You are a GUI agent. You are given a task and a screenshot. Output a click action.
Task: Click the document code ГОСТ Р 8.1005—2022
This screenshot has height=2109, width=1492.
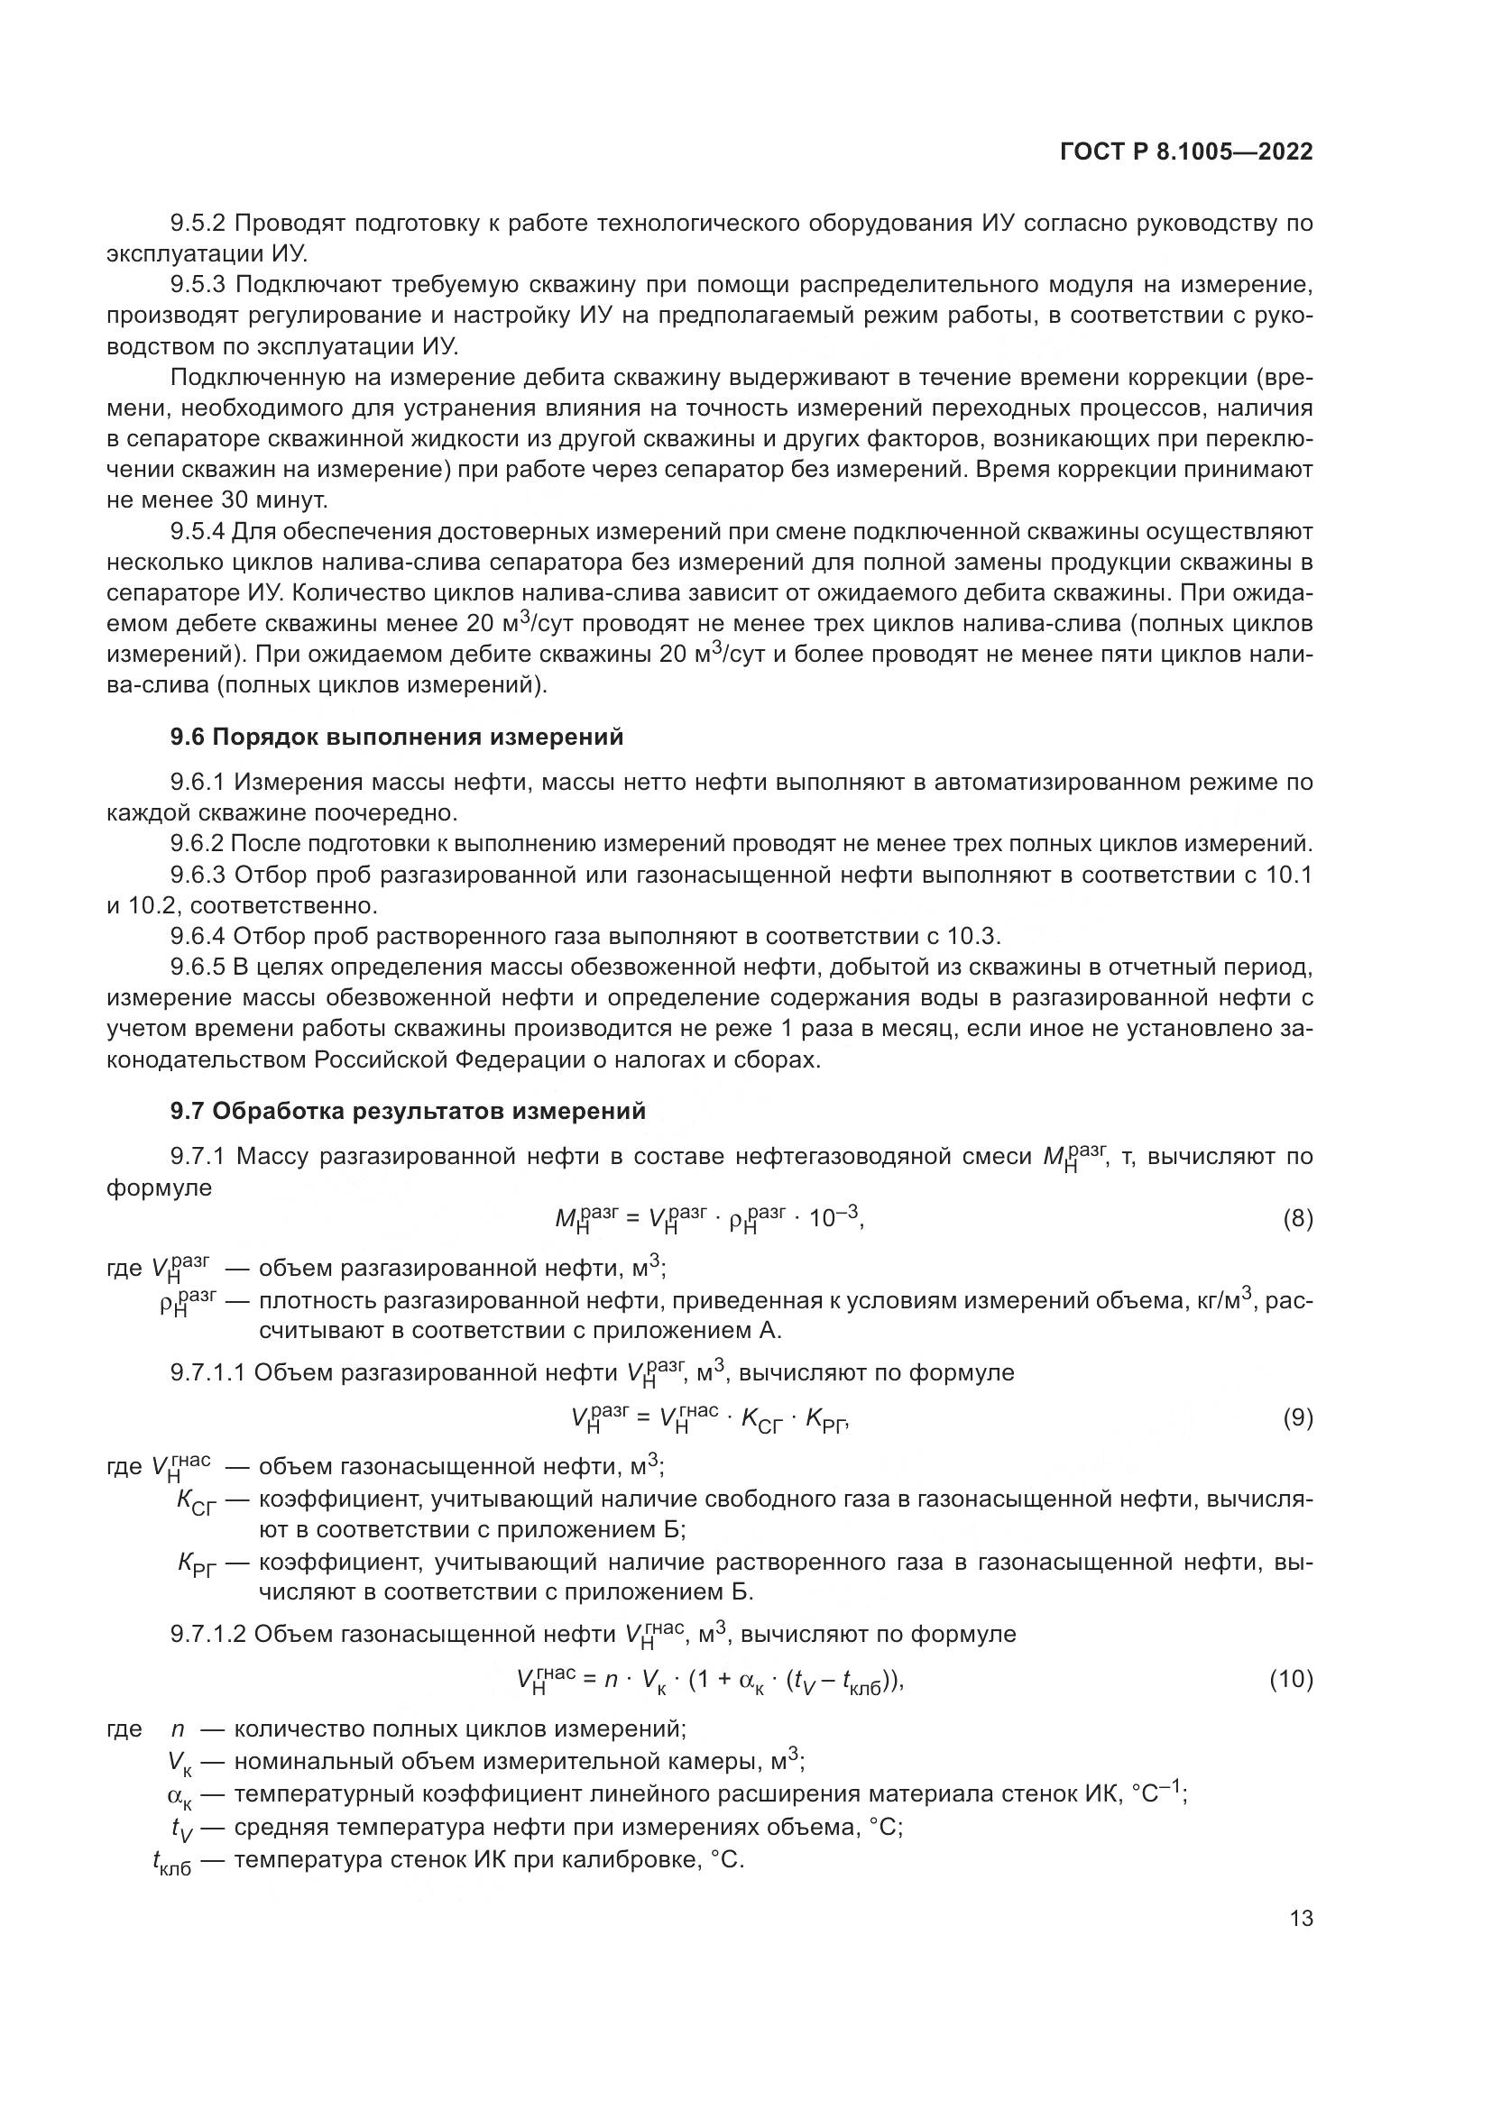tap(1186, 152)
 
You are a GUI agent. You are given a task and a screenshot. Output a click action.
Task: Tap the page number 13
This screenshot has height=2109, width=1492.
tap(1301, 1919)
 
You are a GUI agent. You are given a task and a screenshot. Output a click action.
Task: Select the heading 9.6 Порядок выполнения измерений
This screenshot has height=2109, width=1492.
tap(397, 738)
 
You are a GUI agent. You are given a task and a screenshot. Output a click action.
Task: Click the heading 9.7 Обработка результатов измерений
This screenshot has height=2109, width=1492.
tap(408, 1112)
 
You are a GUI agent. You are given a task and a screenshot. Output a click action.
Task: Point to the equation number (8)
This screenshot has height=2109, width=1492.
tap(1297, 1220)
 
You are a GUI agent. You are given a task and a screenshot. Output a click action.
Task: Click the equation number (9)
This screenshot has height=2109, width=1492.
tap(1297, 1418)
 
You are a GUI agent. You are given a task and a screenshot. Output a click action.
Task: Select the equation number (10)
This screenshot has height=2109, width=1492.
tap(1291, 1680)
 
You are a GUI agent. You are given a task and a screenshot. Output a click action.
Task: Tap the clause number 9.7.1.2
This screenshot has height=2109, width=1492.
tap(207, 1634)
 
